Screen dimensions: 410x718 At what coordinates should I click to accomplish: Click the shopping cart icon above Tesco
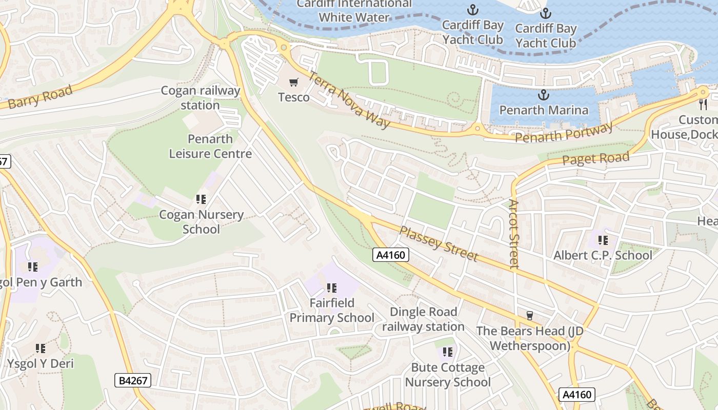coord(294,82)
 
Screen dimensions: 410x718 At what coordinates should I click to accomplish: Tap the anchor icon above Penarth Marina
coord(543,95)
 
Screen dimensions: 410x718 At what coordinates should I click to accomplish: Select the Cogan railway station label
coord(201,98)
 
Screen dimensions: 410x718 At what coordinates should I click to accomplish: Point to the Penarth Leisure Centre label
coord(210,146)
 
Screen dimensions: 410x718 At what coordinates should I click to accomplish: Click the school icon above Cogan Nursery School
coord(201,199)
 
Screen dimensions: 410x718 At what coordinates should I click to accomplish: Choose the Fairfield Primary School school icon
coord(331,288)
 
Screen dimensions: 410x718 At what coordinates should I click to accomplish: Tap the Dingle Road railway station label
coord(423,319)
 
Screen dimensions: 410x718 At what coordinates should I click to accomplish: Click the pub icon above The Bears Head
coord(529,315)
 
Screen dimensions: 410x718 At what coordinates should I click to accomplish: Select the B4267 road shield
coord(133,380)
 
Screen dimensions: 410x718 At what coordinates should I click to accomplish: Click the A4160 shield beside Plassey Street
coord(391,255)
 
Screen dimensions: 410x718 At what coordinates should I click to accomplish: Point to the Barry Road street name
coord(40,97)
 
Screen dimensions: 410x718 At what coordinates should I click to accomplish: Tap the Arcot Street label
coord(514,234)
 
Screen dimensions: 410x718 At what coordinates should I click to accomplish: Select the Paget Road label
coord(595,158)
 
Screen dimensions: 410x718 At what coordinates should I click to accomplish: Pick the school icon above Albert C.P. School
coord(603,240)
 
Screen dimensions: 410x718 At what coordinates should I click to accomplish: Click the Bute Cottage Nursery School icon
coord(448,352)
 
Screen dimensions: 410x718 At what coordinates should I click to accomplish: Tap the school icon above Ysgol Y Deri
coord(40,348)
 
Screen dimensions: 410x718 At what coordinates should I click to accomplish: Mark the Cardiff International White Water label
coord(354,10)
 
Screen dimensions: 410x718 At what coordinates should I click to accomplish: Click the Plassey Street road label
coord(438,244)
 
